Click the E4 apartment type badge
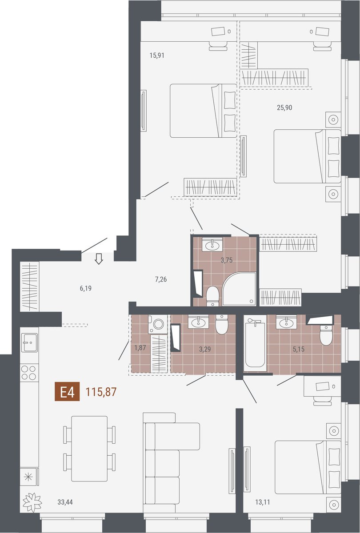click(x=67, y=392)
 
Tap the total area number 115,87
click(x=101, y=392)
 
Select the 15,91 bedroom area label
click(x=157, y=56)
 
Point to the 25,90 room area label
click(x=284, y=107)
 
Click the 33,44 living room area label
click(x=65, y=502)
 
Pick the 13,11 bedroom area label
click(x=263, y=502)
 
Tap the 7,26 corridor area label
click(x=161, y=279)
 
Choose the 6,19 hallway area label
click(x=86, y=289)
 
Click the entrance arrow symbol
click(x=99, y=259)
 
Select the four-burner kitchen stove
click(x=29, y=373)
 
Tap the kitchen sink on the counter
click(x=29, y=342)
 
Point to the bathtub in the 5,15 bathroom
click(x=255, y=342)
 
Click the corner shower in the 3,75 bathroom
click(x=239, y=289)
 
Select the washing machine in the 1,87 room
click(x=158, y=324)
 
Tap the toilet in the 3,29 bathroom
click(x=222, y=324)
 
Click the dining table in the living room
click(x=89, y=449)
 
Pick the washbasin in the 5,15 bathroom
click(x=286, y=322)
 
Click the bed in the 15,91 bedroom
click(x=204, y=111)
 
